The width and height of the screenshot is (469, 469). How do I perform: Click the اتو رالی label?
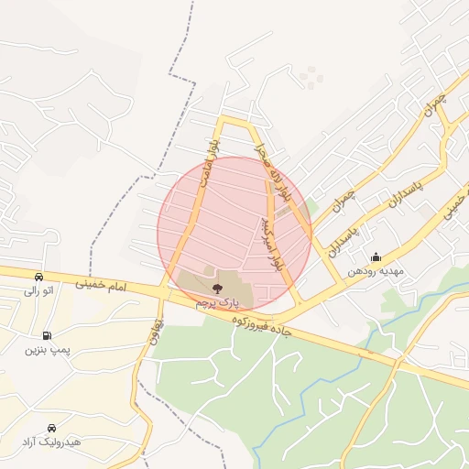pyautogui.click(x=39, y=290)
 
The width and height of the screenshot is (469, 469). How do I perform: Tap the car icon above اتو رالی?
pyautogui.click(x=38, y=277)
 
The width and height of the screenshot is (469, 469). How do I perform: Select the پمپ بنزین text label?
pyautogui.click(x=47, y=349)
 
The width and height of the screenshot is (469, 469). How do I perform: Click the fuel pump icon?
pyautogui.click(x=47, y=335)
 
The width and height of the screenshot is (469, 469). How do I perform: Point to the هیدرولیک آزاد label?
pyautogui.click(x=51, y=442)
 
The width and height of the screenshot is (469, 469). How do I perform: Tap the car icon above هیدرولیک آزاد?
pyautogui.click(x=50, y=428)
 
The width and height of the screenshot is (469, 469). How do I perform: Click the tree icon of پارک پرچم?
pyautogui.click(x=216, y=288)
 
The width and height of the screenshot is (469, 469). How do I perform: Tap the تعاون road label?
pyautogui.click(x=158, y=327)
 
